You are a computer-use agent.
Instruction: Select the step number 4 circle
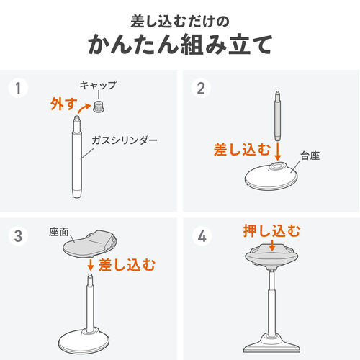[201, 234]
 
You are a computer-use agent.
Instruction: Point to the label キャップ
[96, 85]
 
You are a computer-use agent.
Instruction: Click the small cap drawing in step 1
[99, 106]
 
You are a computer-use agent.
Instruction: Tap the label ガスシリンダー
[123, 140]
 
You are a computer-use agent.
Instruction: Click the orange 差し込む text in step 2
[242, 150]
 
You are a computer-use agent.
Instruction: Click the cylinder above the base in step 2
[277, 119]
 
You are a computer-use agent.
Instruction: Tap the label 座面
[58, 232]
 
